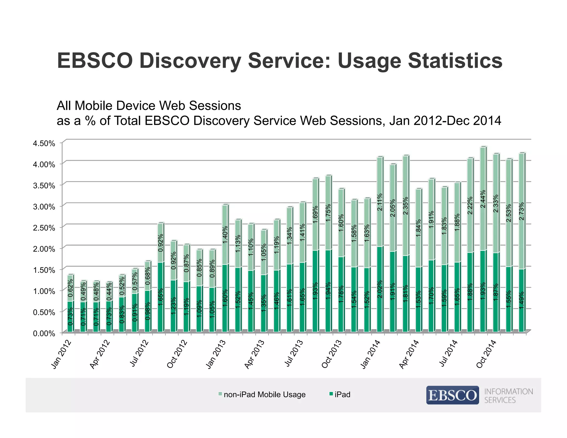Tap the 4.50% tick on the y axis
[44, 143]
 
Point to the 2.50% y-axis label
[44, 228]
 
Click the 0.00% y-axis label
[44, 333]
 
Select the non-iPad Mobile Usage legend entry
[262, 395]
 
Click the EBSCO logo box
[452, 395]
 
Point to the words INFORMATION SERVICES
[508, 396]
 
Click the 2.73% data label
[522, 211]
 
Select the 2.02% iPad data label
[380, 289]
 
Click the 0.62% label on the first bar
[71, 288]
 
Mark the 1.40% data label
[225, 235]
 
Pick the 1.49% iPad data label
[522, 300]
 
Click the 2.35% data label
[406, 206]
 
